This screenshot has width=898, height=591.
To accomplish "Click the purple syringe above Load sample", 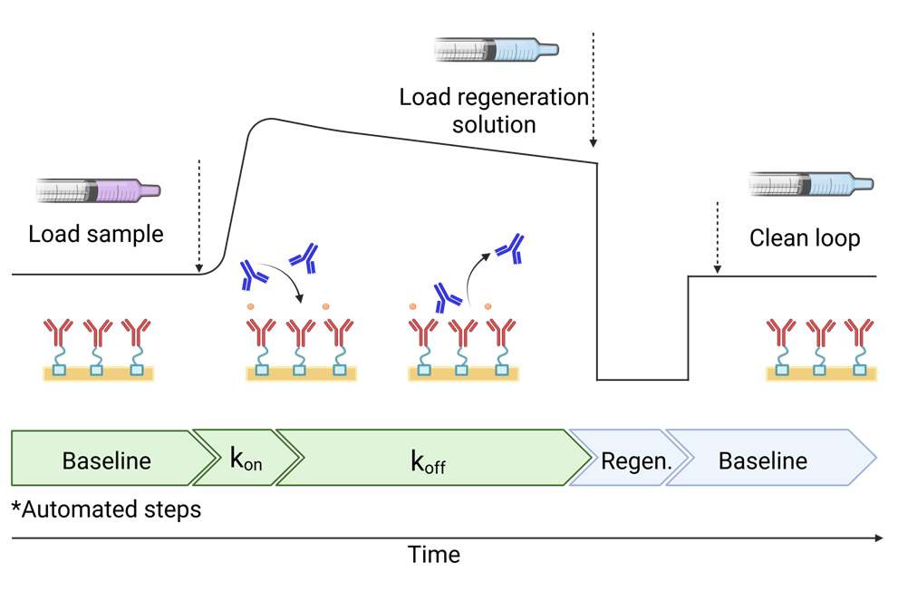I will click(98, 190).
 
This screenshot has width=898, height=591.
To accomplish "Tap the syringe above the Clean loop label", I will click(812, 185).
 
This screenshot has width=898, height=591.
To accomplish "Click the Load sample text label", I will click(96, 234).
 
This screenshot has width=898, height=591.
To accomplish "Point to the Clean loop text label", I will click(805, 238).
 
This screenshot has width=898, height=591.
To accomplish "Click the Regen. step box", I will click(634, 460).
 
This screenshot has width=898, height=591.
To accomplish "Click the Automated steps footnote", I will click(106, 509).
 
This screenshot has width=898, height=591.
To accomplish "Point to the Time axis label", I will click(433, 554).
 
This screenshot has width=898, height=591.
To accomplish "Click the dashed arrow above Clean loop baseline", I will click(717, 237).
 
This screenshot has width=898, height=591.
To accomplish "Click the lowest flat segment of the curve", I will click(642, 379).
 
